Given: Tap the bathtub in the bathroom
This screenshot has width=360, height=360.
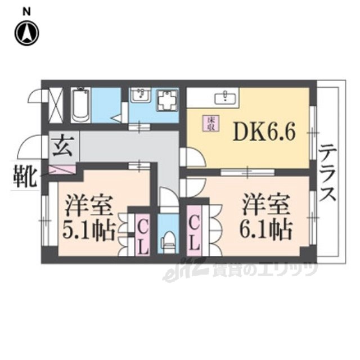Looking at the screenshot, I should pos(80,105).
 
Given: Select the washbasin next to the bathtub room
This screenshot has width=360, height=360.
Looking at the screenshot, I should pos(139,97).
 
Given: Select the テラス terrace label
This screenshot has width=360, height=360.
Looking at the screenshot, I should pos(328,174).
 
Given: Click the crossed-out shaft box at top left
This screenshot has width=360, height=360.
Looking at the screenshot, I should pos(56,105).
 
